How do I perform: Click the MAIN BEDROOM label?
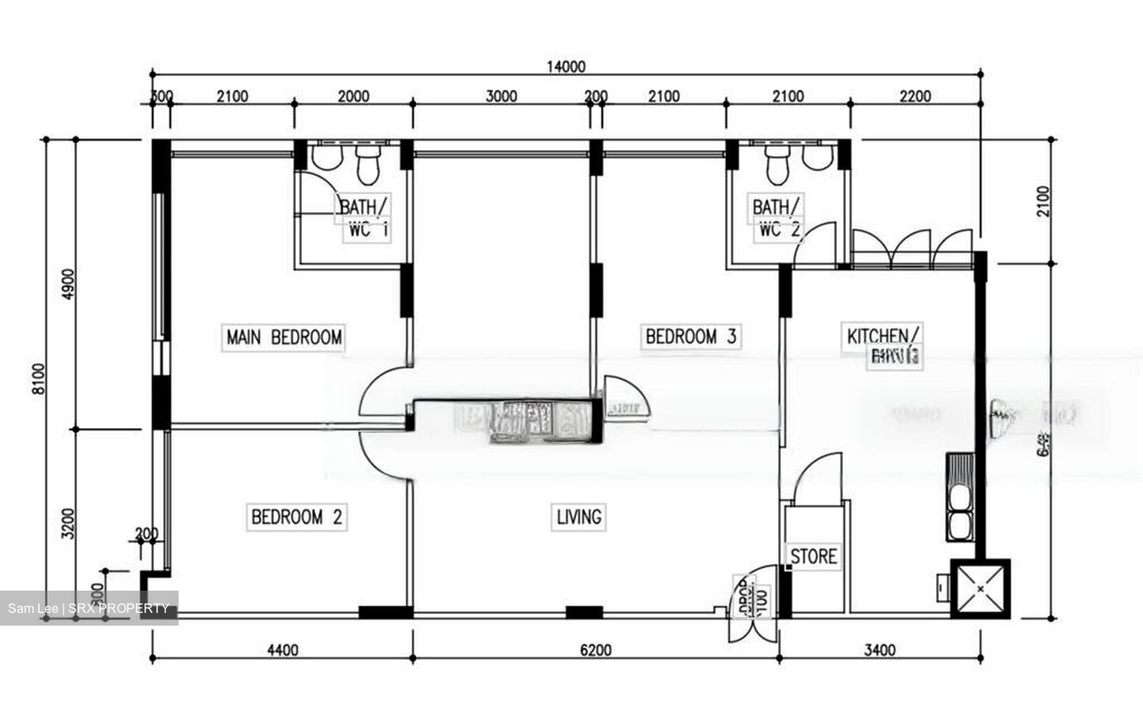[x=284, y=337]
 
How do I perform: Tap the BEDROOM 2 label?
[x=297, y=518]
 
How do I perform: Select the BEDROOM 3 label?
[x=691, y=337]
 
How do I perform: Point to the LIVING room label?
[x=579, y=518]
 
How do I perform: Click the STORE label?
[x=814, y=557]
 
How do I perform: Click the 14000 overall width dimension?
[x=565, y=67]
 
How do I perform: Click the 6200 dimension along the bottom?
[x=595, y=650]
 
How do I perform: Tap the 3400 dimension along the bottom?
[x=879, y=650]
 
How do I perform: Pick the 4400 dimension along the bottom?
[x=282, y=650]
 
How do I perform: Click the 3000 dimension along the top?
[x=501, y=97]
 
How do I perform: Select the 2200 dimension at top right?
[x=914, y=97]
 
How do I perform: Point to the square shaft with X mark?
[x=981, y=589]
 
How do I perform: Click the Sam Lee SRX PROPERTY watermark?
[x=88, y=609]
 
